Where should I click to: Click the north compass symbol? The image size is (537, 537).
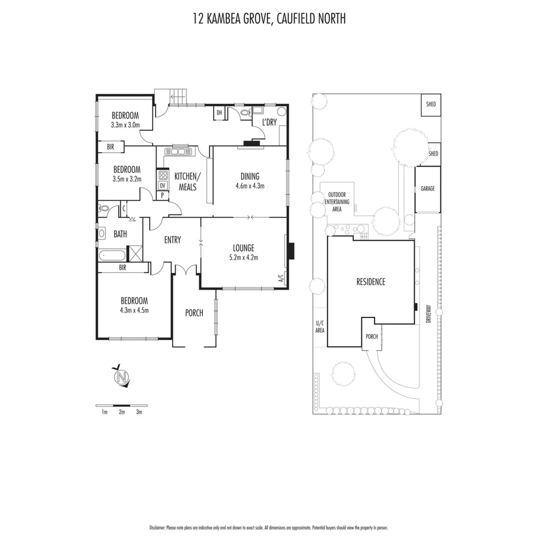(x=121, y=377)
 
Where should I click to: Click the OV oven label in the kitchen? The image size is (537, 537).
(x=162, y=185)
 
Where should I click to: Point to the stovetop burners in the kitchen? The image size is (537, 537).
(x=162, y=175)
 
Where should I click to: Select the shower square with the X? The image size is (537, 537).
(x=135, y=253)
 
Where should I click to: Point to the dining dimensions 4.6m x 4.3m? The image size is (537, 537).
(x=250, y=186)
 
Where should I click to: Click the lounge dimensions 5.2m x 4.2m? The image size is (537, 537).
(x=244, y=257)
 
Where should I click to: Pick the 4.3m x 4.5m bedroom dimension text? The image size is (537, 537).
(x=134, y=310)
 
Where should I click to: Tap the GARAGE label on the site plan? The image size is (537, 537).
(x=428, y=189)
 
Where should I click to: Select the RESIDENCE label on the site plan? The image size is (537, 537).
(x=370, y=282)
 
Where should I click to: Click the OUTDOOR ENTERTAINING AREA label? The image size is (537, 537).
(x=337, y=202)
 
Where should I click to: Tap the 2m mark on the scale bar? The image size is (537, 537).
(x=122, y=412)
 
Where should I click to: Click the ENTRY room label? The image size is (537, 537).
(x=173, y=240)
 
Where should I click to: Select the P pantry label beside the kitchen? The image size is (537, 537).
(x=162, y=195)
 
